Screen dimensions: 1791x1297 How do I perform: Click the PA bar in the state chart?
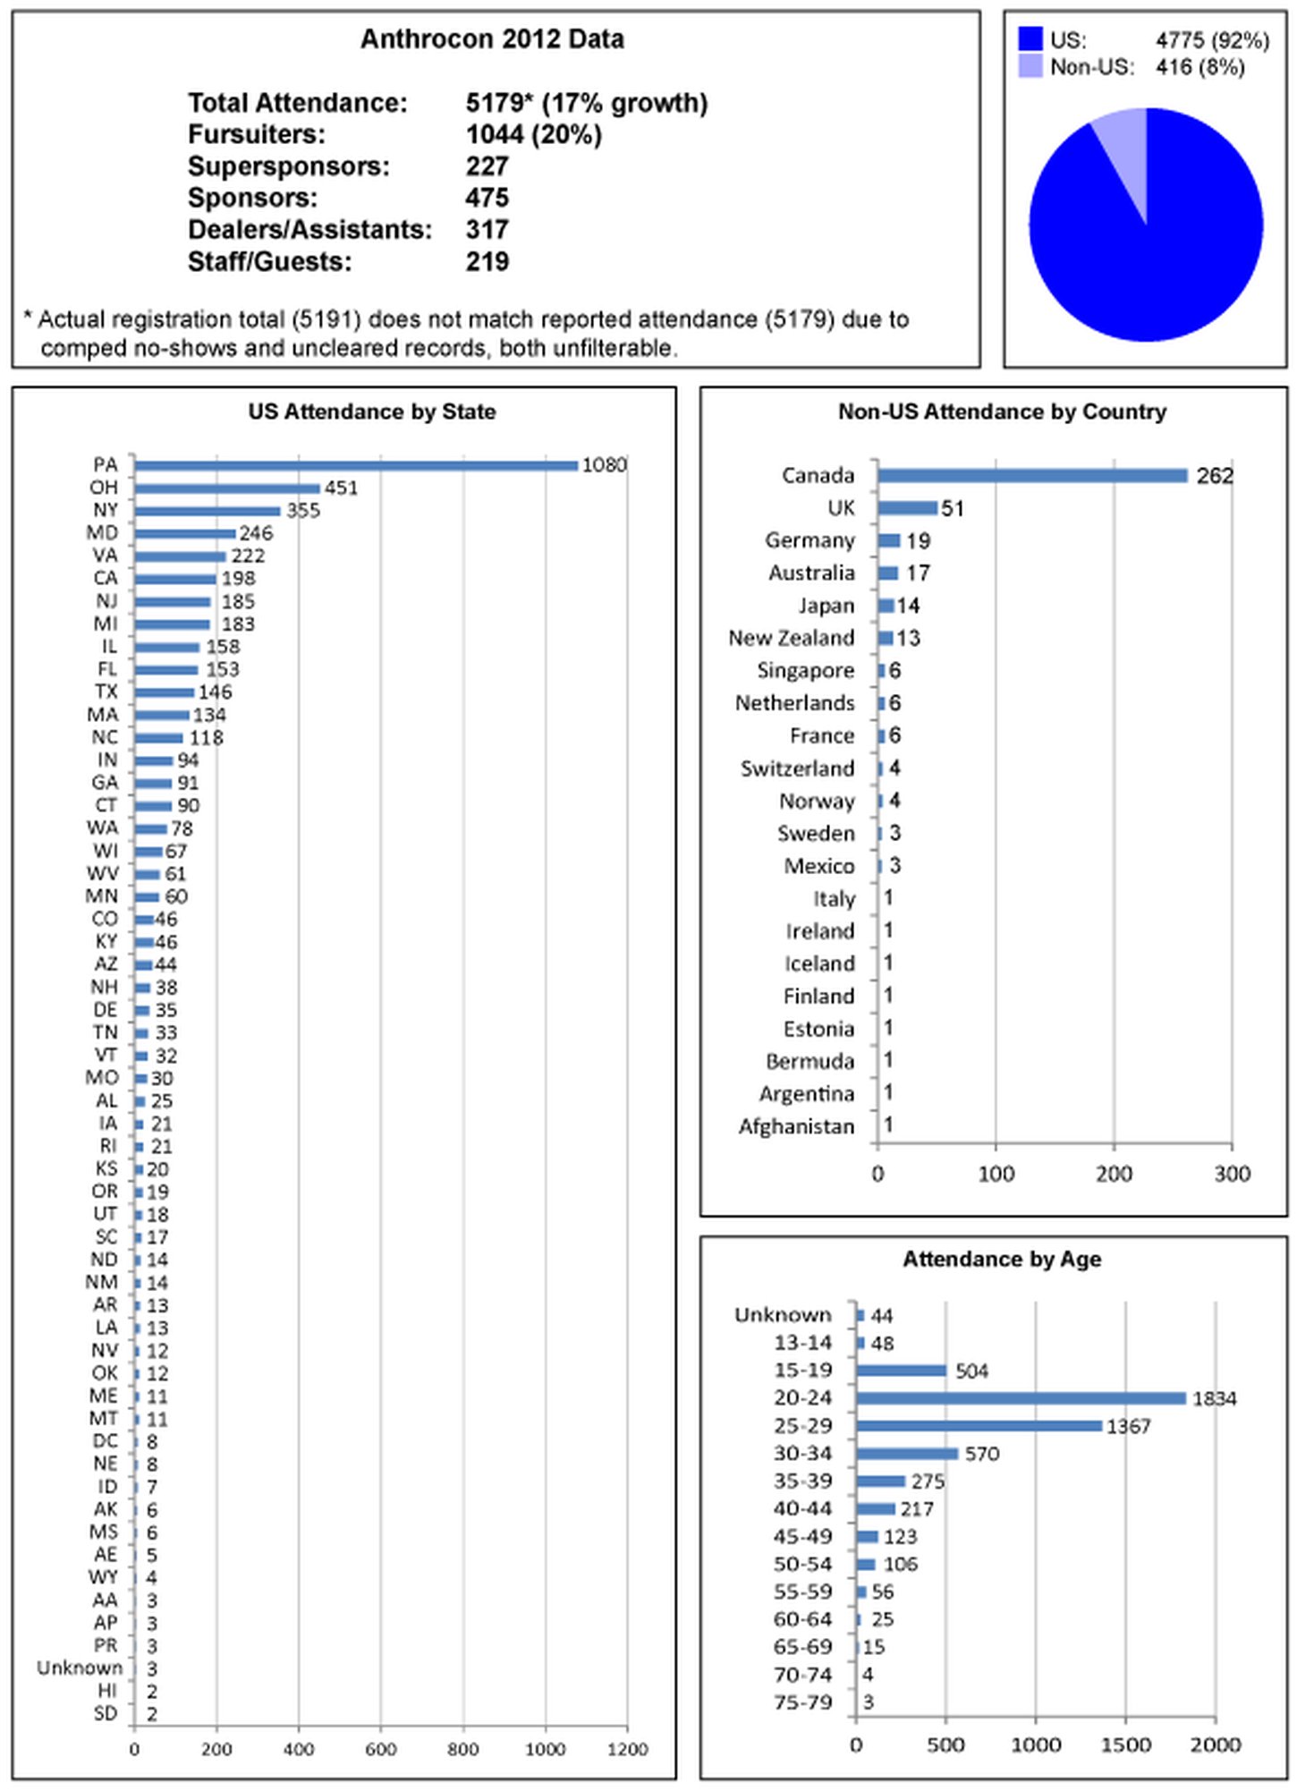click(x=356, y=465)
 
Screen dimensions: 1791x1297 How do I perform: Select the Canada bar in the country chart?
click(x=1032, y=476)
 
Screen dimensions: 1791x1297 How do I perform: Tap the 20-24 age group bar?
click(x=1021, y=1398)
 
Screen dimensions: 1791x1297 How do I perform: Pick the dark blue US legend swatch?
click(x=1030, y=39)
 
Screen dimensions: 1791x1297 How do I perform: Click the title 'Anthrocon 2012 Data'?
click(x=492, y=39)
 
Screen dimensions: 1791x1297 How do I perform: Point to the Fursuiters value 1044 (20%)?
click(x=533, y=135)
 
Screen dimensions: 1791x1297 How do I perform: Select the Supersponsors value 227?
click(x=487, y=166)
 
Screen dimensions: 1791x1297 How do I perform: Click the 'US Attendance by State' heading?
click(x=372, y=412)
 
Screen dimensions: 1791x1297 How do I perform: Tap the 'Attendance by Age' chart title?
click(x=1002, y=1260)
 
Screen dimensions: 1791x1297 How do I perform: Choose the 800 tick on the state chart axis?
click(x=462, y=1750)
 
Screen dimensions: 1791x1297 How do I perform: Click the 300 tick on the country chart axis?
click(x=1232, y=1174)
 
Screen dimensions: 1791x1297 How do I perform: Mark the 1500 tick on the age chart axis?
click(x=1125, y=1745)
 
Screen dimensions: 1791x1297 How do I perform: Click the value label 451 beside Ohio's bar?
click(x=341, y=488)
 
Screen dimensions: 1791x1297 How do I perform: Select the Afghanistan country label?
click(x=796, y=1126)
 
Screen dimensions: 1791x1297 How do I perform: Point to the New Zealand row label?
click(x=791, y=638)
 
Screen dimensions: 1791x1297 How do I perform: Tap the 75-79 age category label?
click(x=802, y=1702)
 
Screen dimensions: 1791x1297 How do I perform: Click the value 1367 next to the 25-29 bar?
click(x=1128, y=1427)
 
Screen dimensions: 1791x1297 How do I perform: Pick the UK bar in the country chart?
click(x=907, y=508)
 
